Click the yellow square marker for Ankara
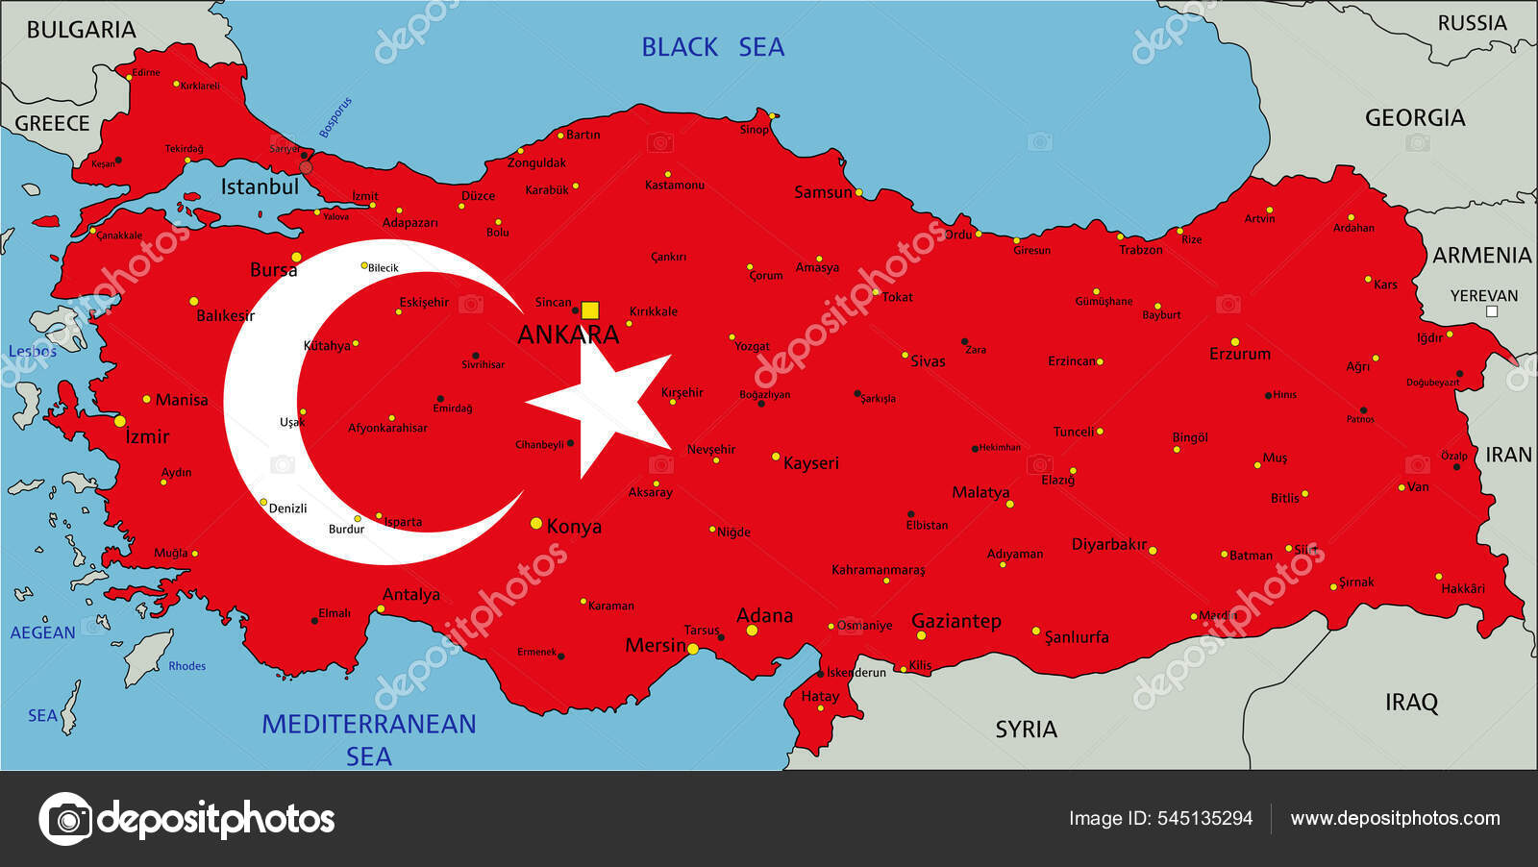(590, 310)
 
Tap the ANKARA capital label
(568, 334)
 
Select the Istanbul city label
(260, 186)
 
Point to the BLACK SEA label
(712, 47)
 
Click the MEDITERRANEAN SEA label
(369, 738)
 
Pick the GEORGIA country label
(1415, 118)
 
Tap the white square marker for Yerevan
(1492, 311)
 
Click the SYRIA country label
(1026, 730)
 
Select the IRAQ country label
(1411, 703)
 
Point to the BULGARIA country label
(81, 30)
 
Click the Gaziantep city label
(955, 621)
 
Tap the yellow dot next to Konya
(536, 524)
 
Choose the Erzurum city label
(1239, 354)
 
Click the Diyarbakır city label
(1109, 545)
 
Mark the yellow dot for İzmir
(120, 421)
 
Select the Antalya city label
(411, 594)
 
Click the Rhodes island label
(186, 666)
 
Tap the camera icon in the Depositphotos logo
(65, 819)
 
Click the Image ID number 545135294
(1204, 819)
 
